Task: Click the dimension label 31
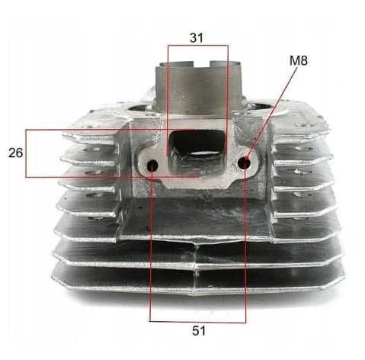pos(197,37)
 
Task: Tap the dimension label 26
pos(15,153)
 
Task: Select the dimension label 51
pos(199,330)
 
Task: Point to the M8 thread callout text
pos(299,60)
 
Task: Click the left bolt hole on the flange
pos(152,166)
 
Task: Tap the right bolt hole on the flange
pos(244,163)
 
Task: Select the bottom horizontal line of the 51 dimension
pos(198,322)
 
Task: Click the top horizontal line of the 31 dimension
pos(197,46)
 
